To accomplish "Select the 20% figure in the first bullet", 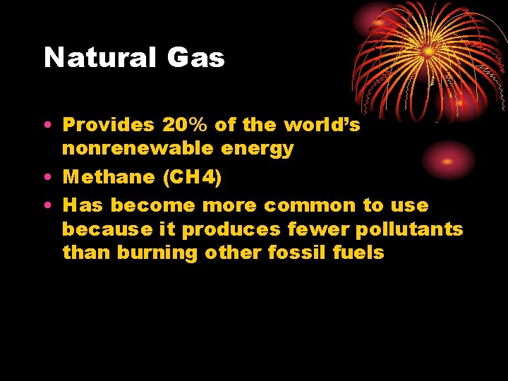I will coord(186,125).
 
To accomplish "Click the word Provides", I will coord(108,125).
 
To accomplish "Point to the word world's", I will coord(322,125).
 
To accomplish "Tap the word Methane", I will coord(109,176).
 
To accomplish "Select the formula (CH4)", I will coord(192,176).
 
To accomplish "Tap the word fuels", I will coord(358,253).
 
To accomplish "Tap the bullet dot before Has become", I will coord(47,206).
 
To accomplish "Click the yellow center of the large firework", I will coord(428,52).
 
